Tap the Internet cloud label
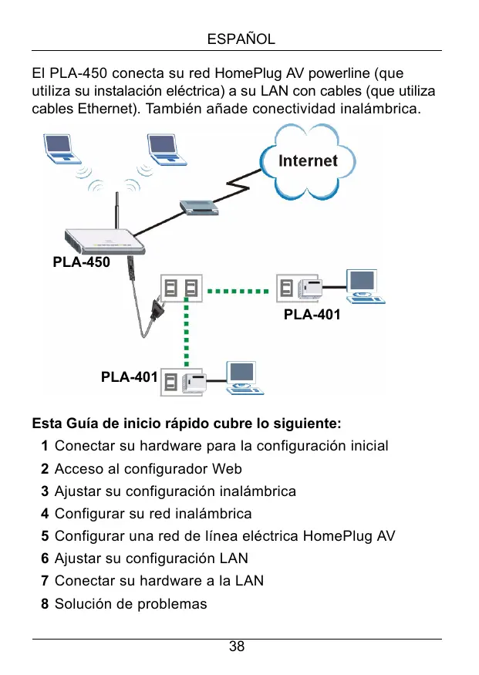308,160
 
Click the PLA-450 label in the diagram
81,262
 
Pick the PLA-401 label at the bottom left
130,377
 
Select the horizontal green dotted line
239,292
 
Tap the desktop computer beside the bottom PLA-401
242,378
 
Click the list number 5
46,536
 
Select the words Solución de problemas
130,603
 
